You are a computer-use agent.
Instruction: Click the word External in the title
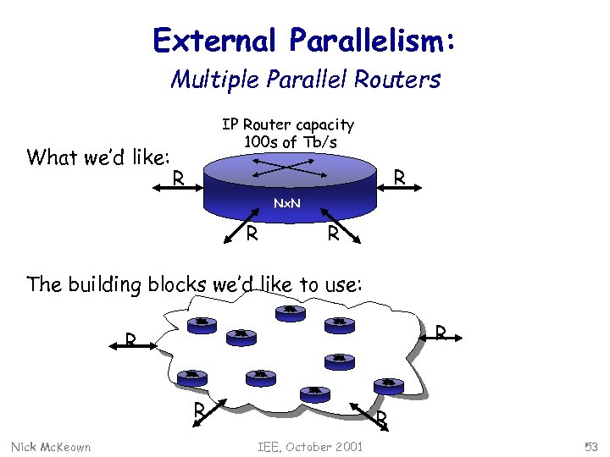pos(216,40)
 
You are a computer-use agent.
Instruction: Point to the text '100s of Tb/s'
pos(290,142)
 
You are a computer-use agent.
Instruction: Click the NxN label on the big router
pos(288,203)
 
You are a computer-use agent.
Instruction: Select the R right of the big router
pos(401,178)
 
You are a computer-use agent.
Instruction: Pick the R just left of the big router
pos(178,179)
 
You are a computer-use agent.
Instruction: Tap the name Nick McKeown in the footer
pos(51,446)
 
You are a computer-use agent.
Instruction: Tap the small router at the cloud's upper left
pos(202,323)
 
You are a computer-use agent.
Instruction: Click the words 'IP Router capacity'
pos(288,124)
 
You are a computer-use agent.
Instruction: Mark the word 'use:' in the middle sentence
pos(344,284)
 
